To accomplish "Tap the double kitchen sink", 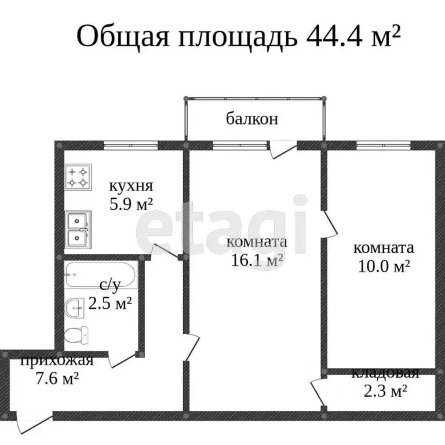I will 77,229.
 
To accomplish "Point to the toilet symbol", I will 76,335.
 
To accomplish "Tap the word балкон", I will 252,119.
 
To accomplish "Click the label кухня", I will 131,187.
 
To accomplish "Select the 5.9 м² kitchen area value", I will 131,204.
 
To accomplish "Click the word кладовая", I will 385,373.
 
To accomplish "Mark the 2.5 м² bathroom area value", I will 110,302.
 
